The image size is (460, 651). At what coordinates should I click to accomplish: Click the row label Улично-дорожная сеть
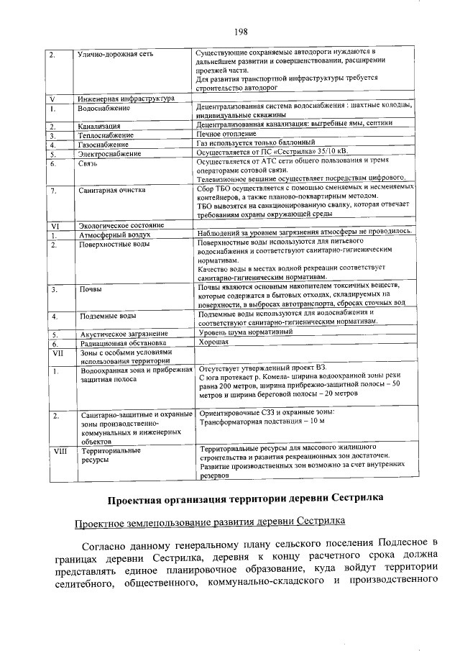pyautogui.click(x=115, y=55)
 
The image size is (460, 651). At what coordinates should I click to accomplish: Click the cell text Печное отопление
pyautogui.click(x=226, y=135)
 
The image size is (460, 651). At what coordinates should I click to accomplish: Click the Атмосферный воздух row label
pyautogui.click(x=114, y=235)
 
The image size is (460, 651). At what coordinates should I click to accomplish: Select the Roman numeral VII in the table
pyautogui.click(x=57, y=353)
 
